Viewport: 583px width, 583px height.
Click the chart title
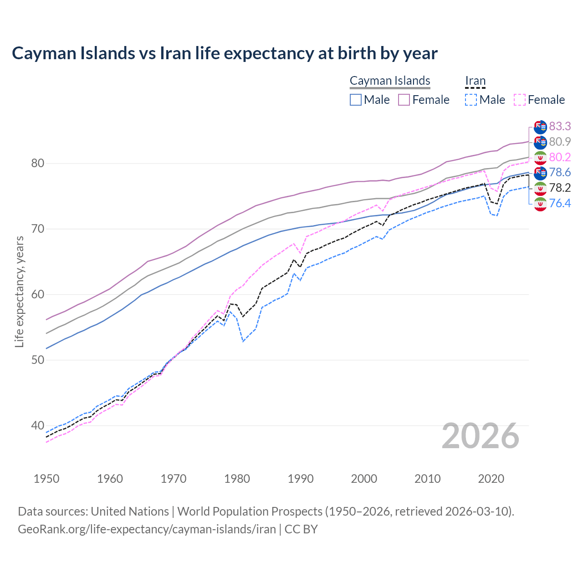point(225,53)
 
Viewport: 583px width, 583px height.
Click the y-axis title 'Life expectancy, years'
point(19,291)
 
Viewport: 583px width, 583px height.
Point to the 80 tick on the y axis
point(37,163)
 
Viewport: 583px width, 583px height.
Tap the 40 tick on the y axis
point(37,425)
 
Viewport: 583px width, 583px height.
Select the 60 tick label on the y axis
point(37,294)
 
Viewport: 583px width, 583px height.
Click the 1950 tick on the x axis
point(46,479)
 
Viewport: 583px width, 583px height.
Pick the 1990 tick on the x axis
point(301,479)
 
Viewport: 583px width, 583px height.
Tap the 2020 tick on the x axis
point(491,479)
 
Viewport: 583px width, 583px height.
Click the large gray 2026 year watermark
point(481,436)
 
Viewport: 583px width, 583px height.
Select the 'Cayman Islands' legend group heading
point(390,81)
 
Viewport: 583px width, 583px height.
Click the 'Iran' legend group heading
point(475,81)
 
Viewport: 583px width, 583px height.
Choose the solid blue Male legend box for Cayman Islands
point(356,100)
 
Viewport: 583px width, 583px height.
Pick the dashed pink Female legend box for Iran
point(520,100)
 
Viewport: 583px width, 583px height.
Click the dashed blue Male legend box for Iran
point(471,100)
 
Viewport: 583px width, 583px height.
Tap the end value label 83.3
point(560,126)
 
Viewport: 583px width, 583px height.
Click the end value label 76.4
point(560,203)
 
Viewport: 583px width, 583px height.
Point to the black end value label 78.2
point(560,188)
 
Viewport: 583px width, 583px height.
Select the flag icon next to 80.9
point(540,142)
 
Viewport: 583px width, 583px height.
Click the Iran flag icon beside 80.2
point(540,158)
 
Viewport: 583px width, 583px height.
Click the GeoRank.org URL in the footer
point(147,529)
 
